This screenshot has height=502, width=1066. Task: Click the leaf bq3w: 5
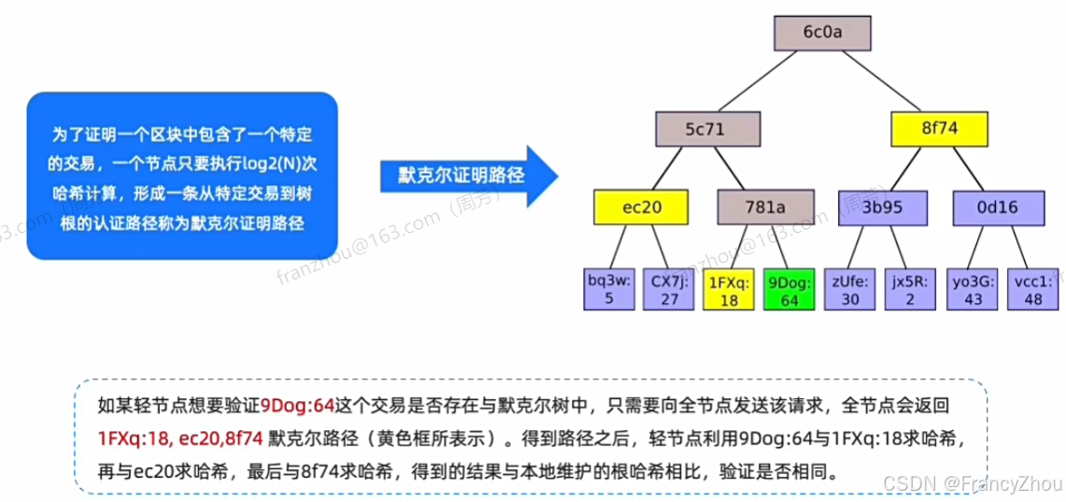(608, 290)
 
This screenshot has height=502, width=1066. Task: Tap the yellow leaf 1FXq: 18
(731, 290)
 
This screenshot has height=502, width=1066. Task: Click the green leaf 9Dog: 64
(790, 290)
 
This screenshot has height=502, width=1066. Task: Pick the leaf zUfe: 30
(849, 290)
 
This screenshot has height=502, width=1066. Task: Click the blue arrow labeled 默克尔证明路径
(462, 175)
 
